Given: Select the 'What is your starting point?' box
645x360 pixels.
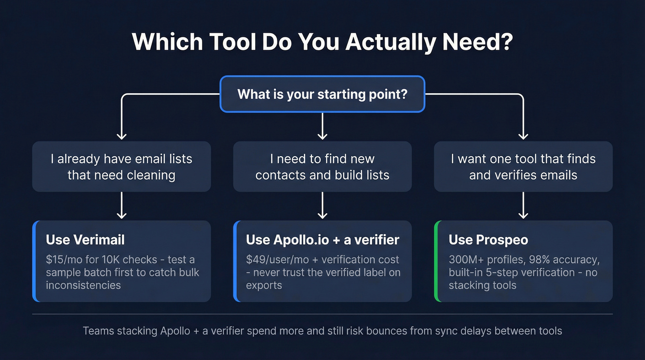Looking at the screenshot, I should pos(322,94).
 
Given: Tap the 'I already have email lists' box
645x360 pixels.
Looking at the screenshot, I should pos(121,167).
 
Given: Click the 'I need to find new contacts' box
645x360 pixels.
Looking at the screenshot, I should pos(322,167).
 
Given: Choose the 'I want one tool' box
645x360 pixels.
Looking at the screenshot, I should pos(523,167).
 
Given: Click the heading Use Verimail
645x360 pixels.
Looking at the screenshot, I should pos(85,240).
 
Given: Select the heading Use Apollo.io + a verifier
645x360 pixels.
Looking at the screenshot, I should pos(322,240).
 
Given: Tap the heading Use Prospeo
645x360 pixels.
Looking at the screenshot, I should pos(488,240).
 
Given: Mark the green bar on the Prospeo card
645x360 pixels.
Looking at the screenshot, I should pos(436,261).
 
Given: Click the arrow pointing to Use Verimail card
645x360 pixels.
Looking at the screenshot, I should pos(121,206).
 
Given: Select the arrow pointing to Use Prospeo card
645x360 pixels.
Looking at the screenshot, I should pos(523,206).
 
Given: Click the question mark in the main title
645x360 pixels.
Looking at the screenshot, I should pos(505,42).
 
